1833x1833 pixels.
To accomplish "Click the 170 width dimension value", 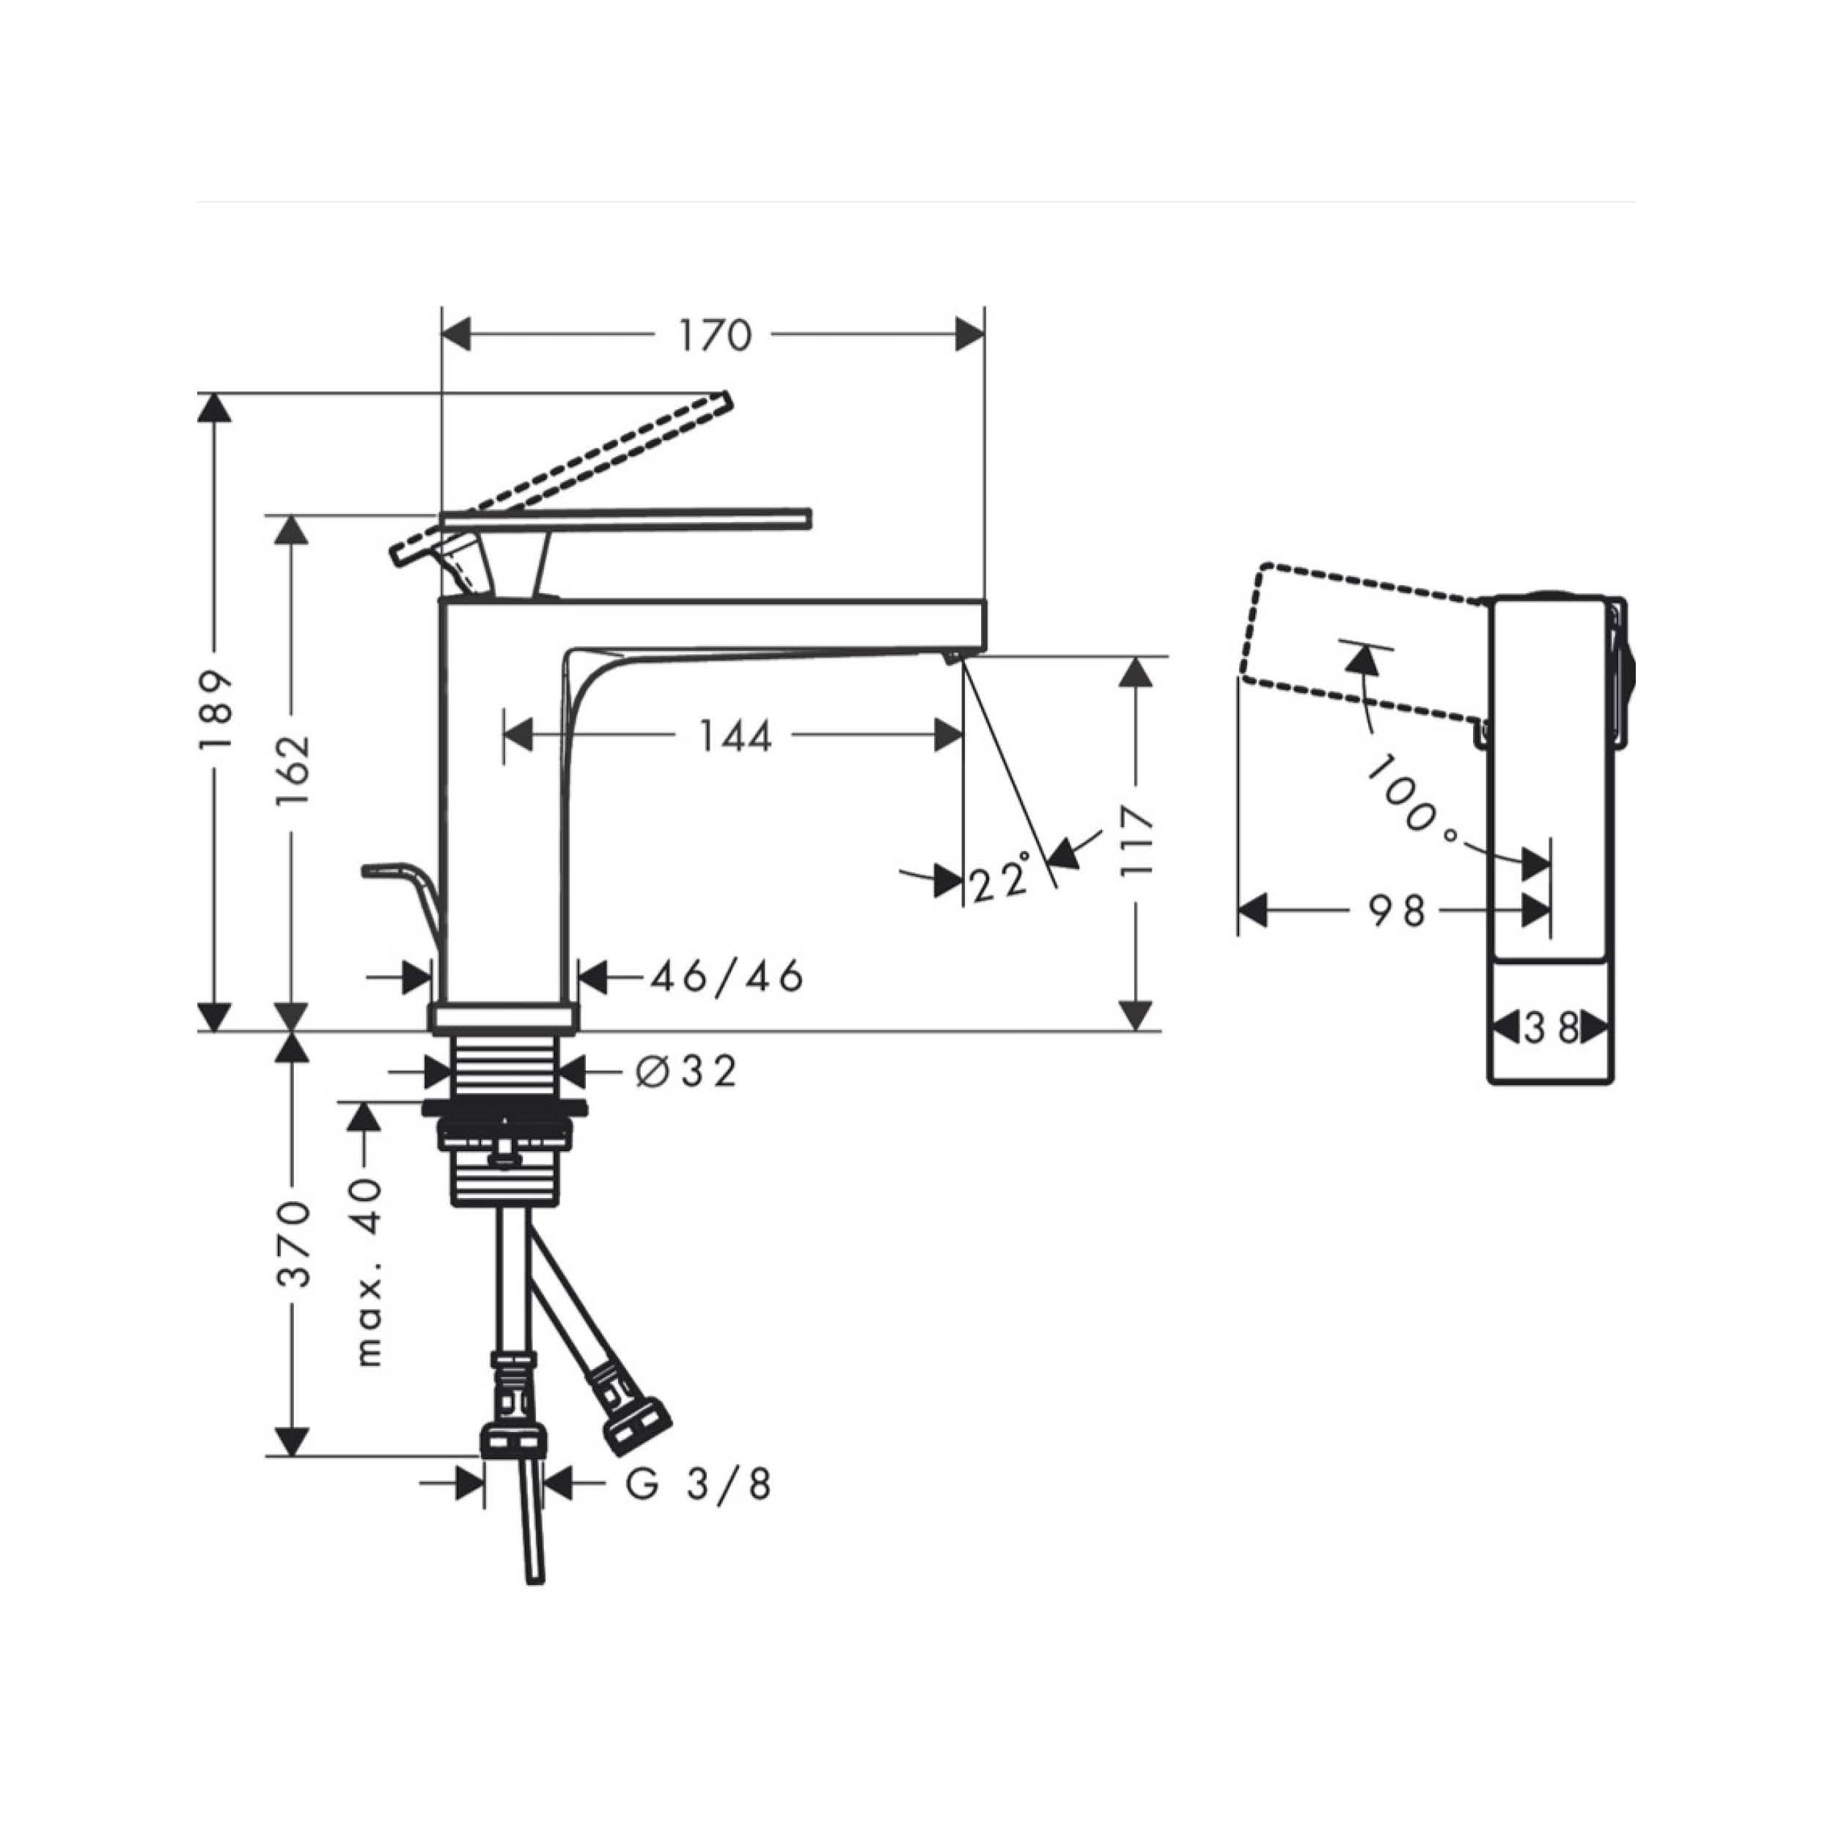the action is click(x=714, y=335).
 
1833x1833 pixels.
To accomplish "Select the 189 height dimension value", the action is click(x=216, y=710).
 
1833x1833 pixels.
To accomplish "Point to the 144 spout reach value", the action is click(x=735, y=735).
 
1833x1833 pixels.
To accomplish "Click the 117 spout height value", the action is click(x=1136, y=842).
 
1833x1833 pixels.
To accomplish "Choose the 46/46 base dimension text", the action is click(x=727, y=975).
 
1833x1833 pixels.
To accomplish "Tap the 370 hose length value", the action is click(x=293, y=1244).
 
